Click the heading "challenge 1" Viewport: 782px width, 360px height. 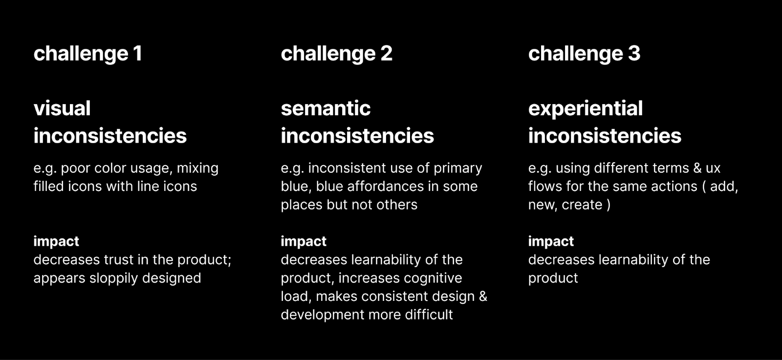point(87,54)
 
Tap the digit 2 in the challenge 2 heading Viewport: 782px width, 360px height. point(387,53)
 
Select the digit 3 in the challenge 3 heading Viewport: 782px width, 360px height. point(634,53)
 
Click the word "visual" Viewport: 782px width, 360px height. point(62,108)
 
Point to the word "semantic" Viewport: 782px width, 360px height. point(326,108)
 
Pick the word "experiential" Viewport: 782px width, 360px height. point(586,109)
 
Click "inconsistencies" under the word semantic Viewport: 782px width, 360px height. point(357,136)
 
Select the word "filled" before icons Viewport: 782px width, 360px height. point(48,186)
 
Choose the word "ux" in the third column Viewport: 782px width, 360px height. point(713,169)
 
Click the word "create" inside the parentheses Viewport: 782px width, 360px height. point(582,205)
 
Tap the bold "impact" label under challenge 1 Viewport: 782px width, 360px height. point(56,241)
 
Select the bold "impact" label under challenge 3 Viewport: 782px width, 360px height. point(551,241)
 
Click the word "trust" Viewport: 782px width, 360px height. point(117,260)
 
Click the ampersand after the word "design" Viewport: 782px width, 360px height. point(483,296)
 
